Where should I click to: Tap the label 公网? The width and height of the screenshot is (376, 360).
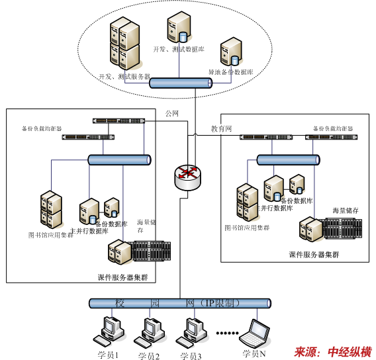coord(172,113)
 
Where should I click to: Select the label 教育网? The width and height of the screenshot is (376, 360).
coord(221,128)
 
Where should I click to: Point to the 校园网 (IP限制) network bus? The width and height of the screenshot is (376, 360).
coord(179,303)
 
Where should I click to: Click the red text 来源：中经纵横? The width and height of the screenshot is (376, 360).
coord(332,351)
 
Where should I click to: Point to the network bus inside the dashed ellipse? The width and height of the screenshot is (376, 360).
coord(179,83)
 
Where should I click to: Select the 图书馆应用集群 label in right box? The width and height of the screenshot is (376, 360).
coord(247,228)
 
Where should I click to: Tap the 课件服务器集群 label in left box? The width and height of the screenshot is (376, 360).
coord(121,277)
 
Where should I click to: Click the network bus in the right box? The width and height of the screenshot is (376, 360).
coord(288,159)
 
